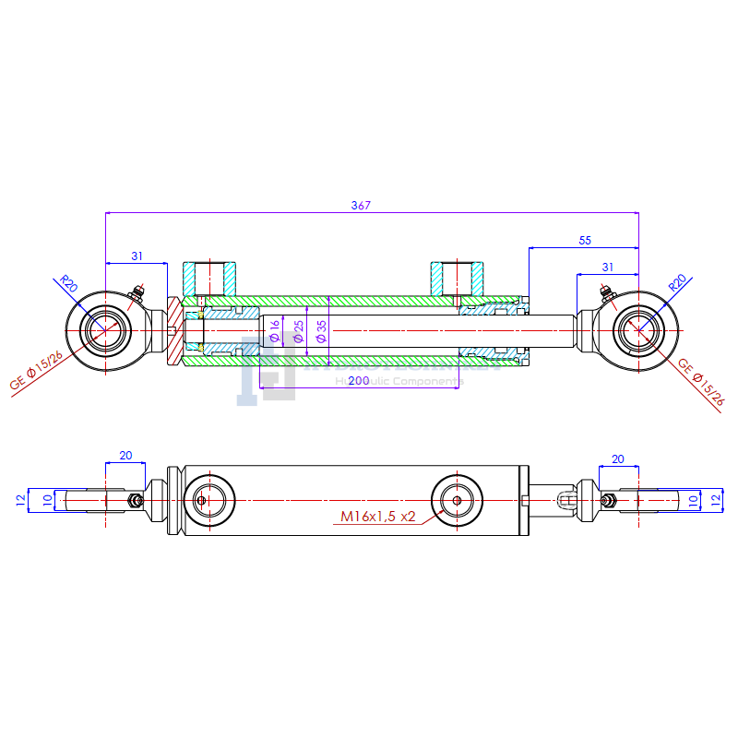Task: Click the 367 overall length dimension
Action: (x=361, y=206)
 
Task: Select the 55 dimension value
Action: (x=585, y=240)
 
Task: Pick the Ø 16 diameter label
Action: (x=275, y=328)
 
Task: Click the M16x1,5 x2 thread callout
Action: (x=376, y=517)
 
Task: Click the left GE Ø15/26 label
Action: (x=37, y=370)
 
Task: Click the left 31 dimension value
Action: (x=137, y=256)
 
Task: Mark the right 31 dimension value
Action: (x=607, y=267)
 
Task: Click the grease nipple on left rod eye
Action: (x=138, y=294)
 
